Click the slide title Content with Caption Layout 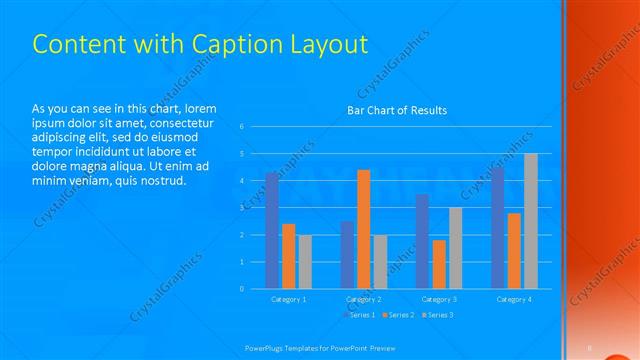[200, 44]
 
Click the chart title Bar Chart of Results [397, 110]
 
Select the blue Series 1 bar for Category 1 [272, 231]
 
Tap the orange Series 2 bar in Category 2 [364, 229]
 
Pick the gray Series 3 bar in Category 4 [531, 221]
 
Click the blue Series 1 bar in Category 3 [422, 241]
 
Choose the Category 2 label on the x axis [364, 299]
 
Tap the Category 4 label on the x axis [514, 299]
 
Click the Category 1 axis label [289, 299]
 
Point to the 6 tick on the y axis [242, 127]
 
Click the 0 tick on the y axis [242, 289]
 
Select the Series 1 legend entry [363, 315]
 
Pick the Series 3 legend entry [438, 315]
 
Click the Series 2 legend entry [400, 315]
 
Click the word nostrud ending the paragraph [159, 180]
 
